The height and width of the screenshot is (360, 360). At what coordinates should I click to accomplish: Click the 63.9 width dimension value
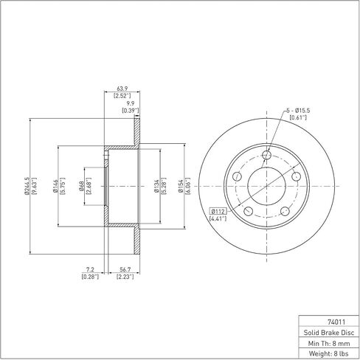click(122, 89)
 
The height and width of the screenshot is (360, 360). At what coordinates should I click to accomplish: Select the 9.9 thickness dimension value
click(130, 103)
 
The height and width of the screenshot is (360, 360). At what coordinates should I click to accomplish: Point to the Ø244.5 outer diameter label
click(27, 186)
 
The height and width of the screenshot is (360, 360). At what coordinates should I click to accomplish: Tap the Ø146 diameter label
click(55, 186)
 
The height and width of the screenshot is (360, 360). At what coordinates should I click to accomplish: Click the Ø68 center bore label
click(81, 186)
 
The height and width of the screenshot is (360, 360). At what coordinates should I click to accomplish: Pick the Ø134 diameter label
click(156, 186)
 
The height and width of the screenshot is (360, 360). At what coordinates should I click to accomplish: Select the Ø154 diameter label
click(181, 186)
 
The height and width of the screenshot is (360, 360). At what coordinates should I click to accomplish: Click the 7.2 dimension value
click(90, 270)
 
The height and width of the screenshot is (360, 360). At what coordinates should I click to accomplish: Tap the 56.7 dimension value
click(125, 270)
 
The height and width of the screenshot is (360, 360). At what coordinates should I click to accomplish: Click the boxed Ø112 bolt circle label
click(218, 211)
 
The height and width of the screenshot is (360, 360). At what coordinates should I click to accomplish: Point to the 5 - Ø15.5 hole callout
click(298, 111)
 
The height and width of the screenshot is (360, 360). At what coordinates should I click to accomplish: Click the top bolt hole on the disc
click(266, 155)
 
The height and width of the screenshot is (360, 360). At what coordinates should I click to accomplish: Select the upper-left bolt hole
click(237, 176)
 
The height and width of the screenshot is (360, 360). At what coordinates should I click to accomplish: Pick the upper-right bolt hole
click(296, 176)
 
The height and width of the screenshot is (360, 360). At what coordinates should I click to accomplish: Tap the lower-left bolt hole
click(249, 211)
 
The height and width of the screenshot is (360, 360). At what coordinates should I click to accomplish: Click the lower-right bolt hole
click(285, 211)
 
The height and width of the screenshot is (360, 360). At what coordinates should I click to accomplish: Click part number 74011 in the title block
click(336, 322)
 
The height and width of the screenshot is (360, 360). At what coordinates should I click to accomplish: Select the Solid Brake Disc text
click(329, 333)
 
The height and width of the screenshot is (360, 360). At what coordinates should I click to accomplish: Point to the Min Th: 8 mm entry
click(329, 343)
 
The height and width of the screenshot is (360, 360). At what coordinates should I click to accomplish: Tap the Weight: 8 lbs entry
click(329, 353)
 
